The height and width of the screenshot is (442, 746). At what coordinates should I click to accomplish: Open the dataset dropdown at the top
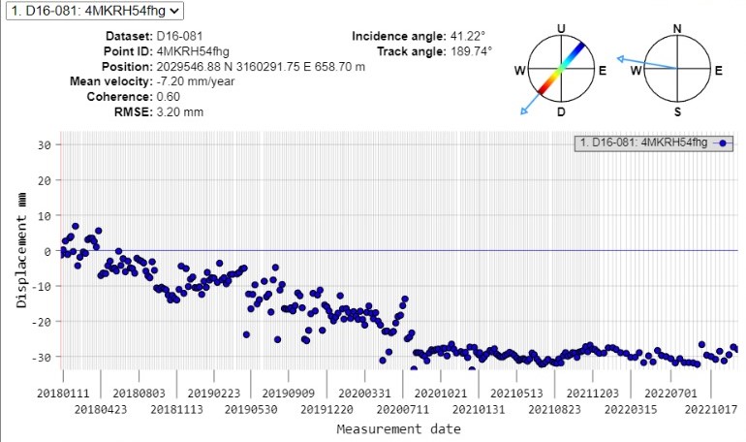tap(92, 11)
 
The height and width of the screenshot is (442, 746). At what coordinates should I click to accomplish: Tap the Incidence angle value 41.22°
tap(468, 36)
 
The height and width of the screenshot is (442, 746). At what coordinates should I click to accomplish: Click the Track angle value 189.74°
tap(470, 50)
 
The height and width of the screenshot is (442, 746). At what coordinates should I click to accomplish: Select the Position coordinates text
tap(261, 66)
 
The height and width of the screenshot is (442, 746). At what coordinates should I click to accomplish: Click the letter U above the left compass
tap(562, 27)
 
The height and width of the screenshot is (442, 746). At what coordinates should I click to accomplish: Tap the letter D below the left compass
tap(562, 112)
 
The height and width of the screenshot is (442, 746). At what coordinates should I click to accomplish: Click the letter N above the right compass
tap(678, 27)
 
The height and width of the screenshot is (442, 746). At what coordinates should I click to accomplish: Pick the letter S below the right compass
tap(678, 112)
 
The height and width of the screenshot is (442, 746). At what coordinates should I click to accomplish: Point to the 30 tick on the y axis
tap(44, 144)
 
